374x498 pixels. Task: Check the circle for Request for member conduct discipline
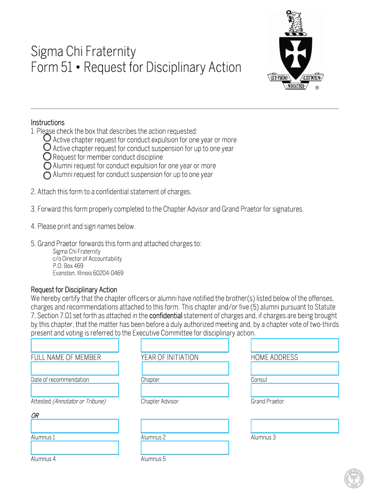point(47,157)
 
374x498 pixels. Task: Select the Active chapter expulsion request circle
point(47,139)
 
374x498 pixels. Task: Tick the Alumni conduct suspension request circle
point(47,175)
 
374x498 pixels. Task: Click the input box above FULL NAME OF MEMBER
point(75,345)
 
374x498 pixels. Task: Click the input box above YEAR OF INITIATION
point(185,345)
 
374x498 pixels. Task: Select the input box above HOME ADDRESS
point(294,345)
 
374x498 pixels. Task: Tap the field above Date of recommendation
point(75,368)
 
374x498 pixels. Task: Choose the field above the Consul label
point(294,368)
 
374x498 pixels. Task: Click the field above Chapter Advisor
point(185,390)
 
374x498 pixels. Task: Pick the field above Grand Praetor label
point(294,390)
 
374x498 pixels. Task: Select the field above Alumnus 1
point(75,426)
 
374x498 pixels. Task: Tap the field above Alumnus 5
point(185,447)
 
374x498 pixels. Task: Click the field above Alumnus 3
point(294,426)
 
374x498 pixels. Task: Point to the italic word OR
point(35,415)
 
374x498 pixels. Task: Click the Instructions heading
point(48,122)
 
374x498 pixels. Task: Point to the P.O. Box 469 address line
point(68,266)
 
